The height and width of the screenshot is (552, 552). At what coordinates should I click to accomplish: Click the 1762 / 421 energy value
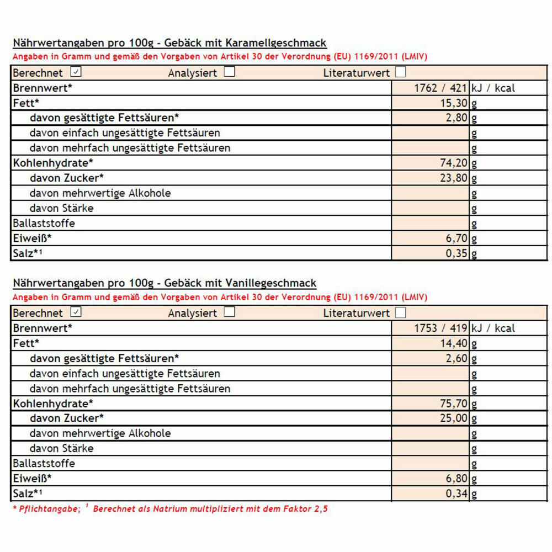point(440,88)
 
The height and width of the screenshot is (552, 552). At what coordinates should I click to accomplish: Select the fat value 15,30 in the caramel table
point(454,103)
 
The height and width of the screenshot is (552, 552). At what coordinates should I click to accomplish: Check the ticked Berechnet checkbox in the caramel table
point(76,72)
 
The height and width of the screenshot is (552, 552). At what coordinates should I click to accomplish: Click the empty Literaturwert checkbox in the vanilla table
point(401,312)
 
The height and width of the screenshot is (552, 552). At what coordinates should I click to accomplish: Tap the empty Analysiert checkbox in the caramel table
point(229,72)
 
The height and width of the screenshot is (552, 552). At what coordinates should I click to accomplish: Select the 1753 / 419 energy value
point(440,328)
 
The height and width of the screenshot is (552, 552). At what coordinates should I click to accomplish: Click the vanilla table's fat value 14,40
point(454,343)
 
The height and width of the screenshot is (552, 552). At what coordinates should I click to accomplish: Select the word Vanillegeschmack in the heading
point(271,283)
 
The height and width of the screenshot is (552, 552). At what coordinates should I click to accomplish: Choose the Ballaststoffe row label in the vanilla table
point(44,463)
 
